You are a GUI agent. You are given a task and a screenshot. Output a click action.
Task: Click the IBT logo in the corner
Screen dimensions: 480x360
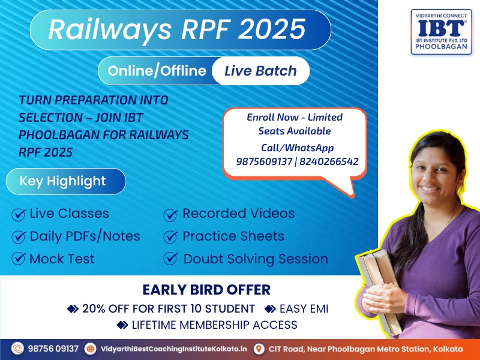click(x=441, y=32)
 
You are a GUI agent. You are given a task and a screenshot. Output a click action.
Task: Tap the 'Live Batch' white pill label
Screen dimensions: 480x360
click(x=260, y=71)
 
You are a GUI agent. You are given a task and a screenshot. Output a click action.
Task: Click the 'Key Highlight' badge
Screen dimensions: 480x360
click(x=66, y=181)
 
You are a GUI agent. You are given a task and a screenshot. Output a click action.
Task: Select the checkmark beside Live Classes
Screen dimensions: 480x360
click(x=19, y=214)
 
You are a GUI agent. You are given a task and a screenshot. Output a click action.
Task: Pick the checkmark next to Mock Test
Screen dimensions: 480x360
click(x=19, y=259)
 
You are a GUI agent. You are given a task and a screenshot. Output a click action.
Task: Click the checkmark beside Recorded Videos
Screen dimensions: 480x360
click(x=170, y=215)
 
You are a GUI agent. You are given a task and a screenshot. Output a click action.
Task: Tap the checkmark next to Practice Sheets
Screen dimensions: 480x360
click(x=170, y=236)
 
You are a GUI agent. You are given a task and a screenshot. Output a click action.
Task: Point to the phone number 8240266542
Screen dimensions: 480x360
click(x=329, y=161)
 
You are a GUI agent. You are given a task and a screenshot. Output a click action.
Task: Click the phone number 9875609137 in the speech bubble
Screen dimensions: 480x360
click(x=264, y=161)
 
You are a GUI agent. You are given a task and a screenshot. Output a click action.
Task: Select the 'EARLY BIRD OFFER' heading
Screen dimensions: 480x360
click(x=206, y=290)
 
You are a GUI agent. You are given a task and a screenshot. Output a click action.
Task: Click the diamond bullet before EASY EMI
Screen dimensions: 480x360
click(x=270, y=309)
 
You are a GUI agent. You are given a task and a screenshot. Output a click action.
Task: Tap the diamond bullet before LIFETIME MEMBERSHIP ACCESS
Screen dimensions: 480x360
click(x=122, y=325)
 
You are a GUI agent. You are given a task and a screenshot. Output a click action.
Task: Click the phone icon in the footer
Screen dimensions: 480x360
click(x=17, y=349)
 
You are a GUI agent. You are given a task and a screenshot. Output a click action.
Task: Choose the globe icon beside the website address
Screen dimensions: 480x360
click(x=91, y=349)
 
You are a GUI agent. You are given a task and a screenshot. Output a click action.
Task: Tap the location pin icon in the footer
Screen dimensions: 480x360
click(x=259, y=349)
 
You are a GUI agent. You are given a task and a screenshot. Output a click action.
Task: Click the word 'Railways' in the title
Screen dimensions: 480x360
click(x=110, y=29)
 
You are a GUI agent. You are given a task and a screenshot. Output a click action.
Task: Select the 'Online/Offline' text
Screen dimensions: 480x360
click(x=157, y=71)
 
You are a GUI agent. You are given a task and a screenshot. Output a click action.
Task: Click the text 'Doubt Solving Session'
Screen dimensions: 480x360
click(x=256, y=259)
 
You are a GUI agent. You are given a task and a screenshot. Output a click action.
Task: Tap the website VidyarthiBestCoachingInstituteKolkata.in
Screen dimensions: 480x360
click(x=173, y=349)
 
